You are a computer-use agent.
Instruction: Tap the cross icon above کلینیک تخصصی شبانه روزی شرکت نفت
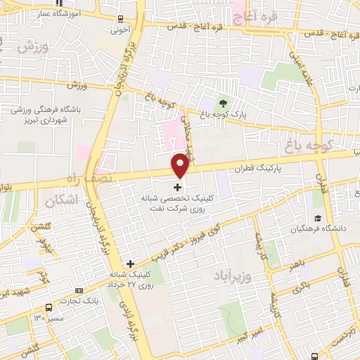click(x=176, y=188)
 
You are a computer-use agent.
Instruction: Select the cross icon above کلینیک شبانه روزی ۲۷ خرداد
click(x=130, y=263)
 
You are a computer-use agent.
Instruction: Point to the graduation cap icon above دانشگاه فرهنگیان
click(x=318, y=218)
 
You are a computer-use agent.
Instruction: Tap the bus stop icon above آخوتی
click(x=121, y=19)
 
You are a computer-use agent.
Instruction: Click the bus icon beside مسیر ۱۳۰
click(x=49, y=307)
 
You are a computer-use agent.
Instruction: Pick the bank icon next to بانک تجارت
click(x=79, y=290)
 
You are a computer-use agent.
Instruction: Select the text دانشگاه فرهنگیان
click(x=323, y=229)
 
